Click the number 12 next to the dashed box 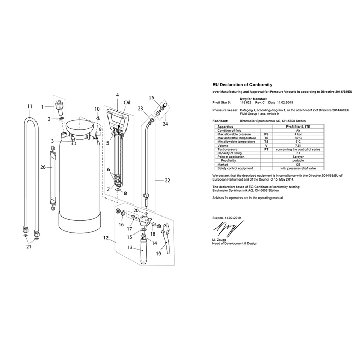coord(106,238)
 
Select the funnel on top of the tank coord(79,125)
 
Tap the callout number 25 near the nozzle coord(151,97)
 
